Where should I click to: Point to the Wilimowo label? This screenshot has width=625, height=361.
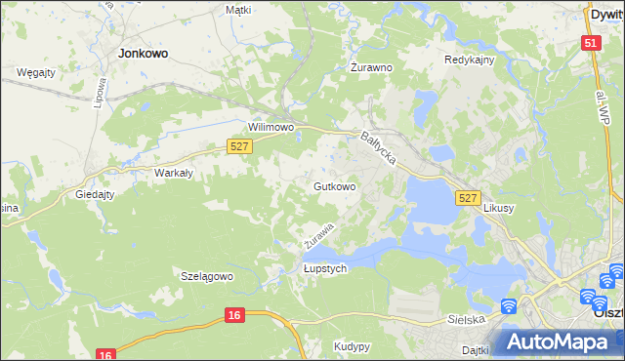[271, 128]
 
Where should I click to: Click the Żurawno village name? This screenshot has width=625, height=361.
[371, 68]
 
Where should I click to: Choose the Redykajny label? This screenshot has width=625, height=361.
[470, 60]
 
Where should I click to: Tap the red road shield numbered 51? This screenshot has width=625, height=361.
[590, 44]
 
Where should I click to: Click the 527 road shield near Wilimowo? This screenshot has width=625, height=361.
[240, 146]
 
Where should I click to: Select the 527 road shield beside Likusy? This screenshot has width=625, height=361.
[468, 198]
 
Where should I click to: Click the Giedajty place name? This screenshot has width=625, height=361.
[96, 194]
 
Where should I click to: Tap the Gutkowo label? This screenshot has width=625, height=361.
[334, 185]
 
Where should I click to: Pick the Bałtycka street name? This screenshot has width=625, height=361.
[378, 149]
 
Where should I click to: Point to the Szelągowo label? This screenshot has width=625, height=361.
[207, 276]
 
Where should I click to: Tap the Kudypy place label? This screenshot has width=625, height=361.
[352, 346]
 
